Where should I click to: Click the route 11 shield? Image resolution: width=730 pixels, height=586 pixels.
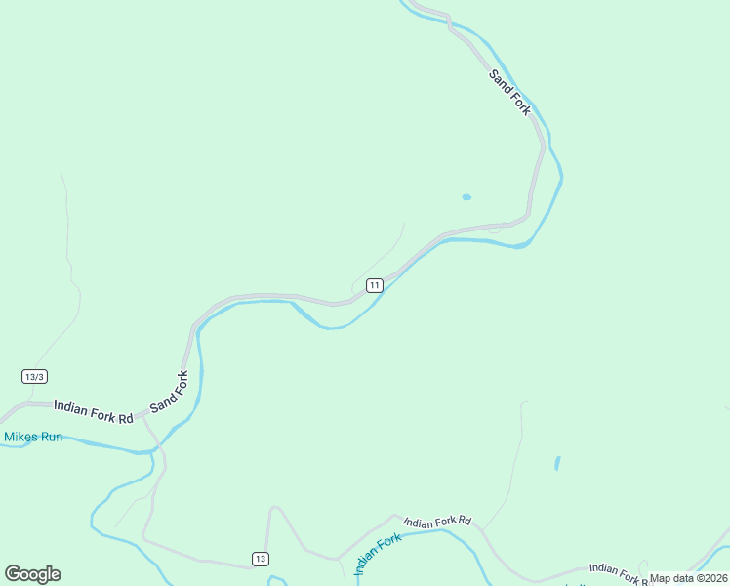374,284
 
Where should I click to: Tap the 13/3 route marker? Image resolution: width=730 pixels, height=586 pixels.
34,376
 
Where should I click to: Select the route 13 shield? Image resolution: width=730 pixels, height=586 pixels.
259,558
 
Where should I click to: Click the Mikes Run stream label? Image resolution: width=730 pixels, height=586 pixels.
32,437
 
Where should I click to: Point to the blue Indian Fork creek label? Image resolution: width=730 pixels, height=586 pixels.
378,554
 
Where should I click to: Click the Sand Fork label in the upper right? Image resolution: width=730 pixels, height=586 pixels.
510,93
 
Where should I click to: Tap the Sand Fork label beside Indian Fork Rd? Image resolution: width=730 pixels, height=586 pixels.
168,390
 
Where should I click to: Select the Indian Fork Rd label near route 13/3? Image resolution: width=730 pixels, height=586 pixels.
93,412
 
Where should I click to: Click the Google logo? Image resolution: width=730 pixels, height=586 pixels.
32,574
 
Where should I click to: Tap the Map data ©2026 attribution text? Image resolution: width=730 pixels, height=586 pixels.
688,578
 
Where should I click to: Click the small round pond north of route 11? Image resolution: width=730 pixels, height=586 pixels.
466,197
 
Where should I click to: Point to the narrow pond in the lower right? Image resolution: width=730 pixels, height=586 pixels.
557,463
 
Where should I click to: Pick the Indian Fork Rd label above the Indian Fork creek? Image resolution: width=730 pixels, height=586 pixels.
437,522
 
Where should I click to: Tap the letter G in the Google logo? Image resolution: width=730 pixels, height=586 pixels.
13,574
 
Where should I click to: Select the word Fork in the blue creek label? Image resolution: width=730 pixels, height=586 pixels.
386,545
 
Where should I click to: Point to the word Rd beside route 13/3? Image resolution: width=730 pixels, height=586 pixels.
124,417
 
